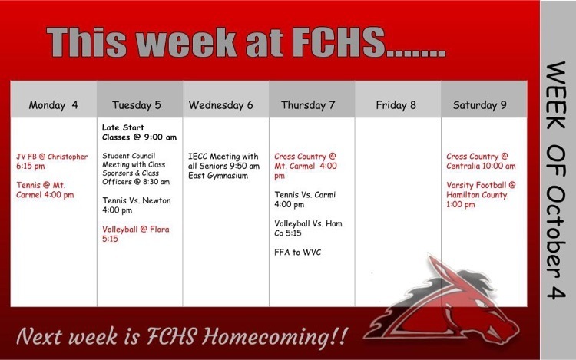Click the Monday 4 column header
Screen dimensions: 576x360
[x=53, y=105]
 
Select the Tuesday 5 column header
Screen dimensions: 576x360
[x=136, y=105]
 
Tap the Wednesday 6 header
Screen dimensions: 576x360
[x=220, y=105]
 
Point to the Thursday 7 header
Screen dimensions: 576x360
[x=308, y=105]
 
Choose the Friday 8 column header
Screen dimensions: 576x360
[x=396, y=105]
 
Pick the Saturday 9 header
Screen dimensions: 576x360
[x=479, y=105]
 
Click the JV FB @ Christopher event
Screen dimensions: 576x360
[x=51, y=161]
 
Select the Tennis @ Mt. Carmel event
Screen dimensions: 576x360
[x=45, y=190]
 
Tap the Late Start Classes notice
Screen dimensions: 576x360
[x=139, y=132]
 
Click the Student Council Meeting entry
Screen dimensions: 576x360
[x=136, y=168]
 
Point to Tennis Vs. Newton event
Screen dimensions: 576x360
[x=136, y=205]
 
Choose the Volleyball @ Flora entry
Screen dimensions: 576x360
[x=135, y=234]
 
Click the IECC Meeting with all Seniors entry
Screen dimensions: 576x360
[x=223, y=166]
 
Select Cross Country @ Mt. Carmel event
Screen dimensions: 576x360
[x=305, y=166]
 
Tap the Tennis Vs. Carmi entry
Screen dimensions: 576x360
[x=305, y=200]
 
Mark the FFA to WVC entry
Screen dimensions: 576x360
[x=297, y=252]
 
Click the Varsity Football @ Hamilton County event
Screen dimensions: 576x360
[x=481, y=194]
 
